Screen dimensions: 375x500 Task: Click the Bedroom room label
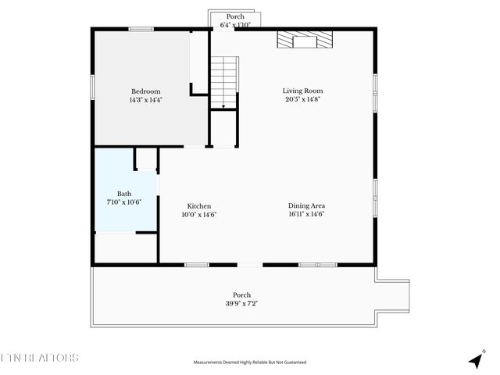145,91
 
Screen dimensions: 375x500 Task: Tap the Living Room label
302,91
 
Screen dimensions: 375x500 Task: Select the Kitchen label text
198,206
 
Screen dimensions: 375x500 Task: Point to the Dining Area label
306,206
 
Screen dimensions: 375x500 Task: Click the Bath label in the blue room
124,194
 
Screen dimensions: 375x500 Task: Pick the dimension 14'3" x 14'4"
145,100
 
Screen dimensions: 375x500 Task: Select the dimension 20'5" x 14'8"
302,100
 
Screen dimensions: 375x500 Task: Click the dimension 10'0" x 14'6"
198,215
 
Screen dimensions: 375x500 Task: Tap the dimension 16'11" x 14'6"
306,215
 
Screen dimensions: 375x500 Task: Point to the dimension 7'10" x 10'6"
124,202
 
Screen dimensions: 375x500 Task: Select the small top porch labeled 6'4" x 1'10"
235,20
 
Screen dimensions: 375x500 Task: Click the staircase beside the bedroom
223,82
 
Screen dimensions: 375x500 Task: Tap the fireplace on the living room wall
305,40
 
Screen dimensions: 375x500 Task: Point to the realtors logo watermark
40,358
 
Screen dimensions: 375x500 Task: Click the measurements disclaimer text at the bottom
250,362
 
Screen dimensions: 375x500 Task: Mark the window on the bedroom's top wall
141,30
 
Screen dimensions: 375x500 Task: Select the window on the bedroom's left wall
93,87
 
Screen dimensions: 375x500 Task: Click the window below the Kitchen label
197,265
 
